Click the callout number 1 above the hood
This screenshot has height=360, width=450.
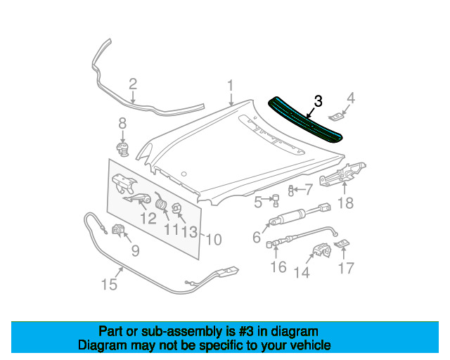(229, 86)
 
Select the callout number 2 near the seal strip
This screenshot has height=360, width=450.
(133, 85)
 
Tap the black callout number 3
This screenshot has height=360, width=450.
(318, 101)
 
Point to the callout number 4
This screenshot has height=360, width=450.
(352, 97)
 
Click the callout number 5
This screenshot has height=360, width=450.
(258, 202)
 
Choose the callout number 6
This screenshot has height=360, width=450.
(257, 238)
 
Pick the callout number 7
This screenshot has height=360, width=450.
(309, 189)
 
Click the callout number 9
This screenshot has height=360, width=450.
(135, 249)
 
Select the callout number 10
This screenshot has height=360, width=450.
(213, 240)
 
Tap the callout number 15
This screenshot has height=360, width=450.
(109, 284)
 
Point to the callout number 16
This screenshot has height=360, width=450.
(278, 266)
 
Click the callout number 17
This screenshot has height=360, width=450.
(347, 268)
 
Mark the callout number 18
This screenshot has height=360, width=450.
(345, 204)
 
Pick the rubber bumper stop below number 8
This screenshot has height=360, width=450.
(123, 148)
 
